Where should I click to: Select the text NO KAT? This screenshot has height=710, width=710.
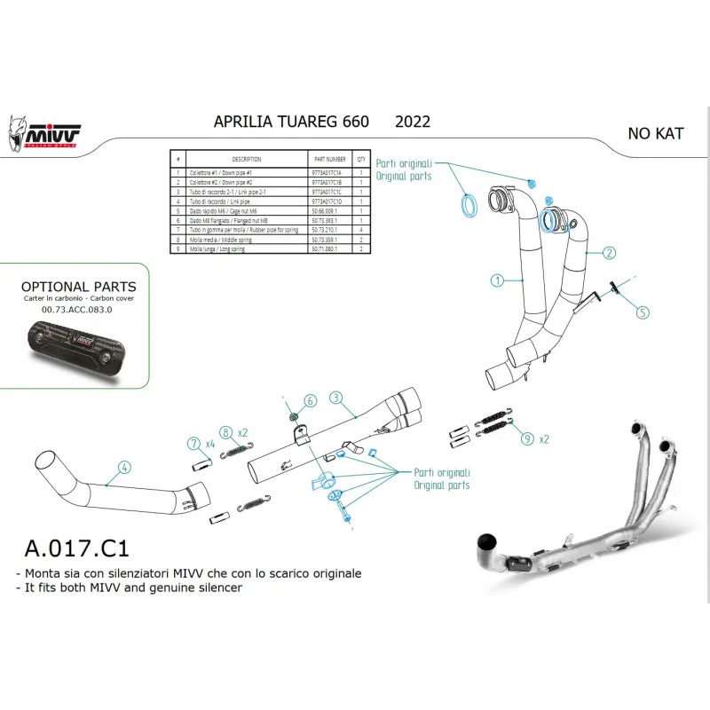tap(656, 134)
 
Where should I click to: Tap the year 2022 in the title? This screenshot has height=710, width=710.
tap(413, 122)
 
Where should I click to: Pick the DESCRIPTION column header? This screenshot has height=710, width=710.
tap(246, 160)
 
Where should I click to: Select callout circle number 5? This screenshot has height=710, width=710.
tap(643, 312)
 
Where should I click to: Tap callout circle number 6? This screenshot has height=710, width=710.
tap(310, 401)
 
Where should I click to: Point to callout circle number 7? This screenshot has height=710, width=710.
tap(193, 443)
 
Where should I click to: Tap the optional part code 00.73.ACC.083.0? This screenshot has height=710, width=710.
tap(78, 310)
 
